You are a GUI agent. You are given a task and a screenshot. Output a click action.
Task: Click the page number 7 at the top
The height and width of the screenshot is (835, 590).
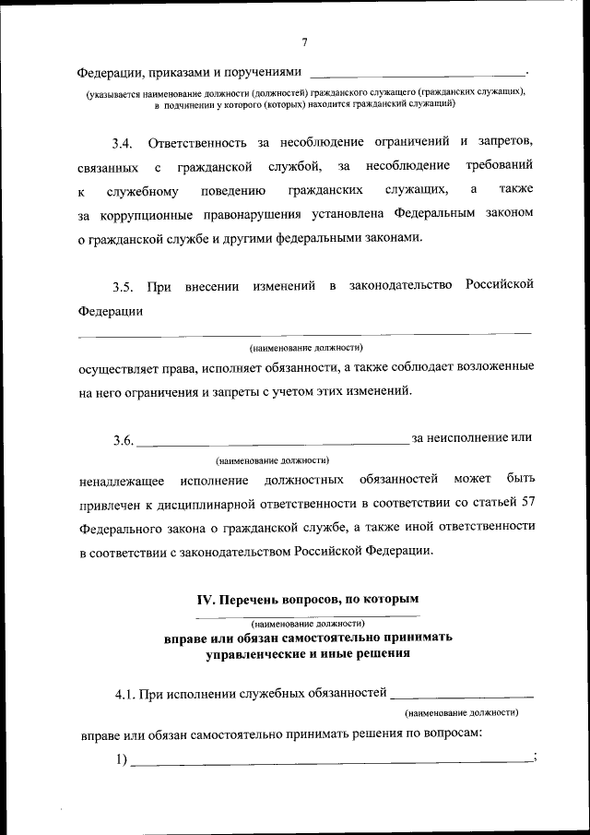coord(303,42)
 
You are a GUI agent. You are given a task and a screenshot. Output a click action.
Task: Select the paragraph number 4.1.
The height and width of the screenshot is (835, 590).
coord(125,692)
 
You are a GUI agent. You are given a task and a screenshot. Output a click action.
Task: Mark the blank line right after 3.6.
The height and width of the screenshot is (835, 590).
coord(273,443)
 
